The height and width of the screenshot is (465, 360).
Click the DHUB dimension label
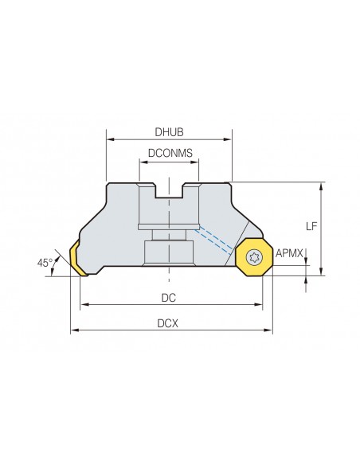(x=169, y=132)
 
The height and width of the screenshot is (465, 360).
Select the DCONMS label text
(x=170, y=153)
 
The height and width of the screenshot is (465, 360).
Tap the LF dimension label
(x=311, y=227)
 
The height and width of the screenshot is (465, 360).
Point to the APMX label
(x=289, y=253)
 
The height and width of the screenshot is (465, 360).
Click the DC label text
(x=168, y=298)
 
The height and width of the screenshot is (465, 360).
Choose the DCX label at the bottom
(x=168, y=323)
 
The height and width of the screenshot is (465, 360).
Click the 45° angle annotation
(x=45, y=263)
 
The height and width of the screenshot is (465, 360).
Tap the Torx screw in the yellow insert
(x=254, y=257)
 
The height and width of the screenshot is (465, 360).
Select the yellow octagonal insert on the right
(x=254, y=257)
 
